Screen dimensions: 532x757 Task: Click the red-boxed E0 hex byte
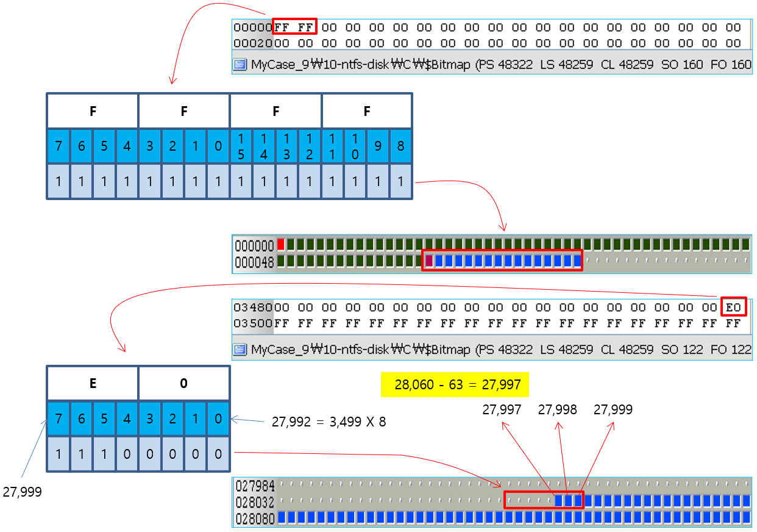(733, 307)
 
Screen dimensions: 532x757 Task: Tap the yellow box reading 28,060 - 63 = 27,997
(454, 385)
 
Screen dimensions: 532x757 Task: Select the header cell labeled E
(93, 383)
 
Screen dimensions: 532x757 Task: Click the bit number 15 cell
(241, 147)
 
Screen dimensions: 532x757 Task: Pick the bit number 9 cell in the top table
(378, 147)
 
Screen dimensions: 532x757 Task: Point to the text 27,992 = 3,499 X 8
(329, 421)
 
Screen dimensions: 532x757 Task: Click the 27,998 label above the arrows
(557, 410)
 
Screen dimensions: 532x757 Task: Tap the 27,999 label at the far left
(22, 492)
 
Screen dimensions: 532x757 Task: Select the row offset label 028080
(255, 518)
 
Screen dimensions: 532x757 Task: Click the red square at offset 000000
(281, 245)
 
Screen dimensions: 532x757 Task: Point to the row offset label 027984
(255, 486)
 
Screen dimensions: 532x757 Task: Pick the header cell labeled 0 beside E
(184, 383)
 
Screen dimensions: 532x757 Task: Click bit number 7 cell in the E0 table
(59, 419)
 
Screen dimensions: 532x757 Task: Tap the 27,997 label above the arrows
(502, 410)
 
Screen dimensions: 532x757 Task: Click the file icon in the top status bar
(241, 65)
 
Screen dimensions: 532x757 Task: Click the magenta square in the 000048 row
(428, 261)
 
